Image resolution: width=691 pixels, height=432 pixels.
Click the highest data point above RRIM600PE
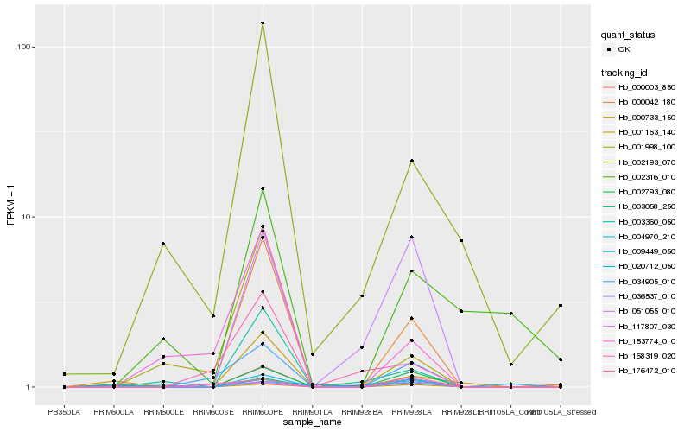click(x=263, y=23)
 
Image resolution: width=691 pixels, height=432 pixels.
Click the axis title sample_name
click(x=312, y=422)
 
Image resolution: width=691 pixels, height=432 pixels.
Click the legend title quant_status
click(x=628, y=35)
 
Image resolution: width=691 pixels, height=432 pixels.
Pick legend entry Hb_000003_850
click(x=646, y=87)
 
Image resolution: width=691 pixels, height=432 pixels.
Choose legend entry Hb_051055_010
click(x=646, y=312)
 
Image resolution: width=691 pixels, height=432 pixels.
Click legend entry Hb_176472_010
click(x=646, y=371)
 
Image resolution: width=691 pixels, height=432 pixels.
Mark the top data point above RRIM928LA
click(x=412, y=161)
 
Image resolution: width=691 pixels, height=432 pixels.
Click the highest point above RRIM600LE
click(x=163, y=244)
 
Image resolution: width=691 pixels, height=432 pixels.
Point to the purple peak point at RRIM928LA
click(x=412, y=237)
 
